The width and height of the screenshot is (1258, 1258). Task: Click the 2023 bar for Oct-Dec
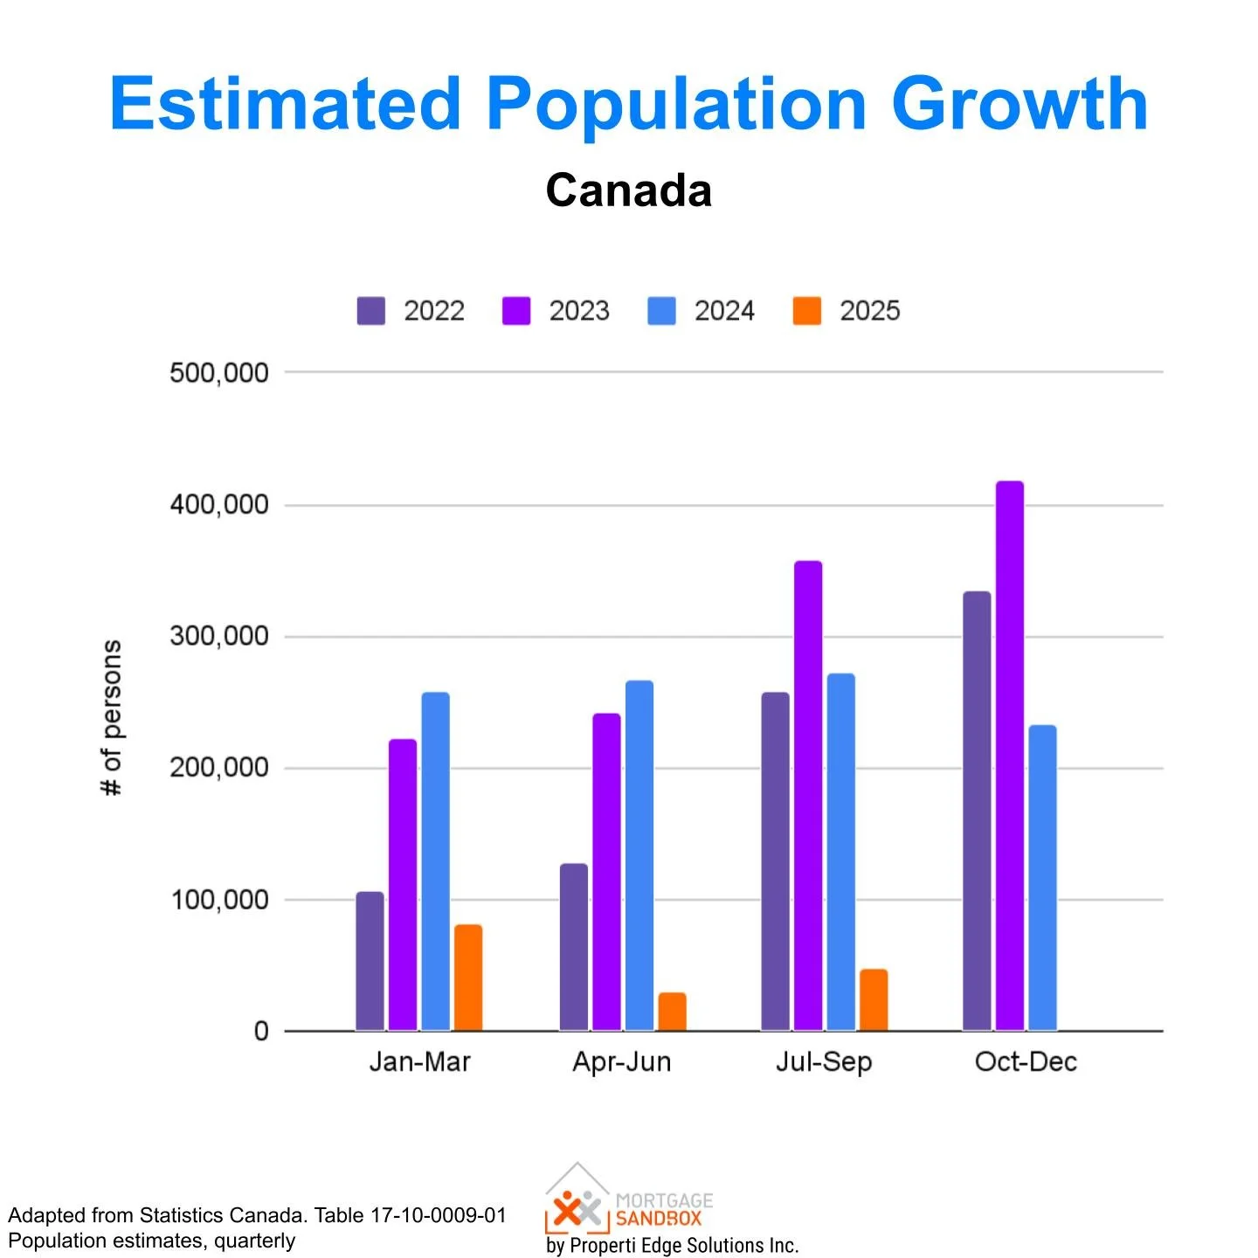pyautogui.click(x=1009, y=756)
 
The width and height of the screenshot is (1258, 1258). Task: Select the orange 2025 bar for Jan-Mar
pyautogui.click(x=468, y=978)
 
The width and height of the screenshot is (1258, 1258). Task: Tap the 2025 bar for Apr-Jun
pyautogui.click(x=672, y=1012)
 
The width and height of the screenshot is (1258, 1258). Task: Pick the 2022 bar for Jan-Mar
pyautogui.click(x=370, y=961)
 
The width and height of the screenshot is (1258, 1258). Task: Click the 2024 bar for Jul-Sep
pyautogui.click(x=840, y=852)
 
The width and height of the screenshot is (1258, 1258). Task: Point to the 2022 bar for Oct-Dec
pyautogui.click(x=977, y=811)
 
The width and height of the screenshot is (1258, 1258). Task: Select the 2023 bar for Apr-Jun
pyautogui.click(x=606, y=872)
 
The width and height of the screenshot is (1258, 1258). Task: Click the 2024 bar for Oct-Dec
pyautogui.click(x=1042, y=878)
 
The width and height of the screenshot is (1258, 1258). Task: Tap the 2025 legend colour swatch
pyautogui.click(x=807, y=311)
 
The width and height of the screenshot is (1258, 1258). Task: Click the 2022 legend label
pyautogui.click(x=434, y=311)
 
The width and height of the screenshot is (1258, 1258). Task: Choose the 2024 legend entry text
pyautogui.click(x=724, y=311)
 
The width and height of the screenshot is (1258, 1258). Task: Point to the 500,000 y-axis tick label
pyautogui.click(x=219, y=373)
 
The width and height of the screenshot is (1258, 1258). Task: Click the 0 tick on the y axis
pyautogui.click(x=261, y=1032)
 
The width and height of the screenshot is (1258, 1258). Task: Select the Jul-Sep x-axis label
pyautogui.click(x=824, y=1062)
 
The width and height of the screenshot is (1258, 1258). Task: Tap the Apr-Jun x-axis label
pyautogui.click(x=622, y=1062)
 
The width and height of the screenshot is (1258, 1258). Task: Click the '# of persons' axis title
pyautogui.click(x=112, y=717)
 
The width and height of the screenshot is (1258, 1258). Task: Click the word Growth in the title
pyautogui.click(x=1019, y=104)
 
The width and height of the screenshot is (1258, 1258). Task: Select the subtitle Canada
pyautogui.click(x=628, y=190)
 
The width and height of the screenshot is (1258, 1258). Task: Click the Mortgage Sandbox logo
pyautogui.click(x=629, y=1200)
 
